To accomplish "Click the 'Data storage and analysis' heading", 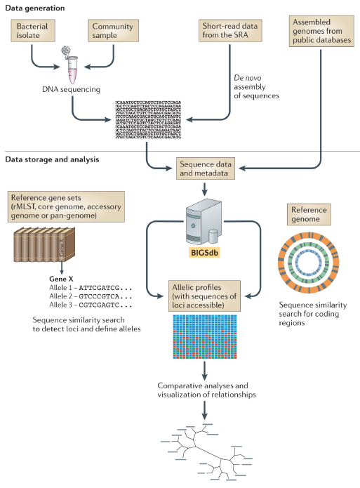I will (x=52, y=159).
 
